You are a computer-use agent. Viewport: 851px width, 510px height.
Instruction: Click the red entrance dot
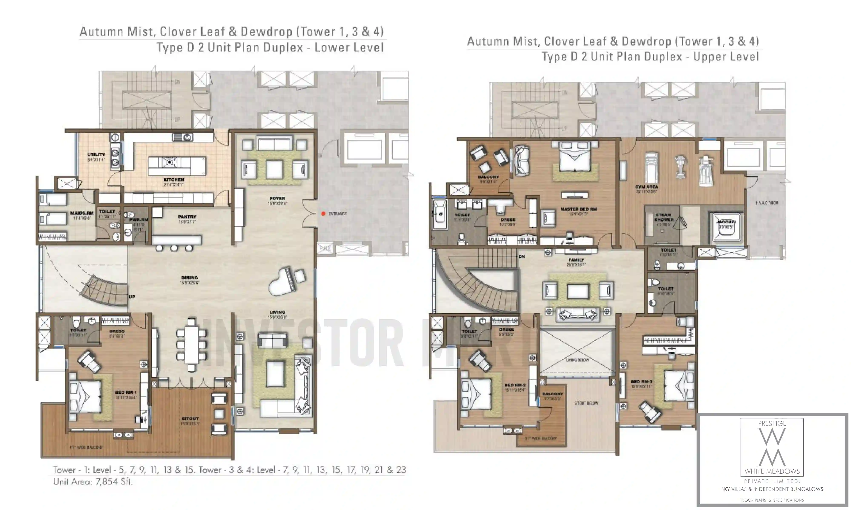coord(323,214)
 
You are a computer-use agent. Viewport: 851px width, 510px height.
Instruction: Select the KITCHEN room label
coord(174,180)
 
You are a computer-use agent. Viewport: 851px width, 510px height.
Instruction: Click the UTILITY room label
coord(96,155)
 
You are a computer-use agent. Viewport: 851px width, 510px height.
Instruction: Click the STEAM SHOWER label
coord(664,217)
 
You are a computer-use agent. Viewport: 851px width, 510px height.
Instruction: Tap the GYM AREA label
coord(646,187)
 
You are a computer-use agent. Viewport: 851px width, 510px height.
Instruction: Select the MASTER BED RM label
coord(578,209)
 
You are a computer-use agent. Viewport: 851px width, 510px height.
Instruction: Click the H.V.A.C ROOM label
coord(767,203)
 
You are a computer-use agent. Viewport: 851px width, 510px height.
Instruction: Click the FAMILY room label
coord(576,260)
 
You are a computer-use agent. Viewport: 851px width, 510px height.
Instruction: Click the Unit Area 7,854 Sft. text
coord(93,482)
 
